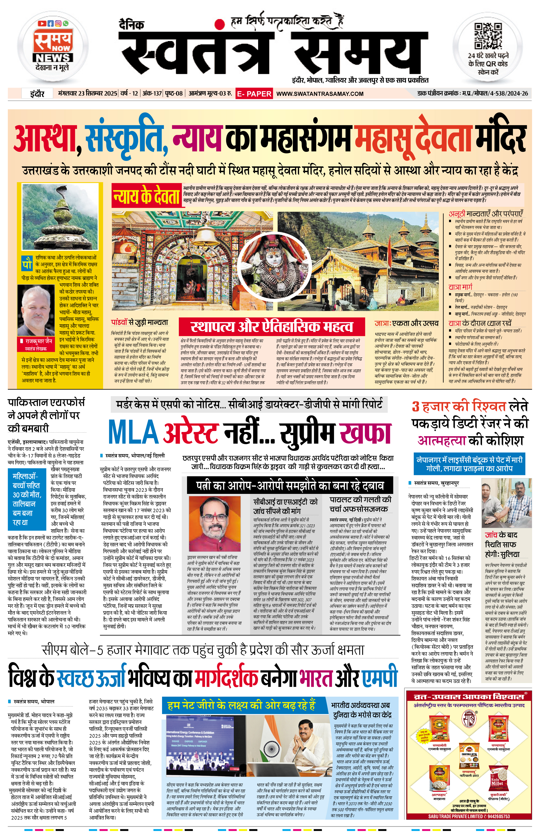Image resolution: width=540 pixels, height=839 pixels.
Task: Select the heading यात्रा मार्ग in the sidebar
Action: click(460, 286)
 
